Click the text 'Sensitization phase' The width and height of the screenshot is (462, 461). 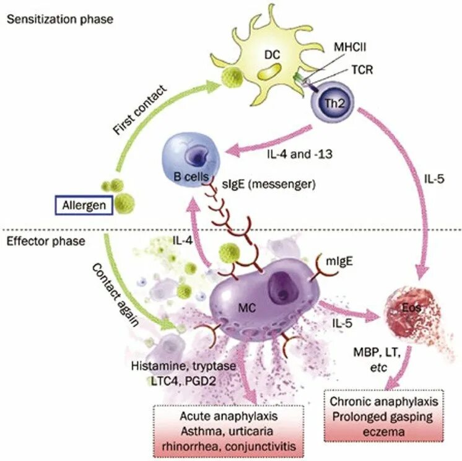coord(59,19)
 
